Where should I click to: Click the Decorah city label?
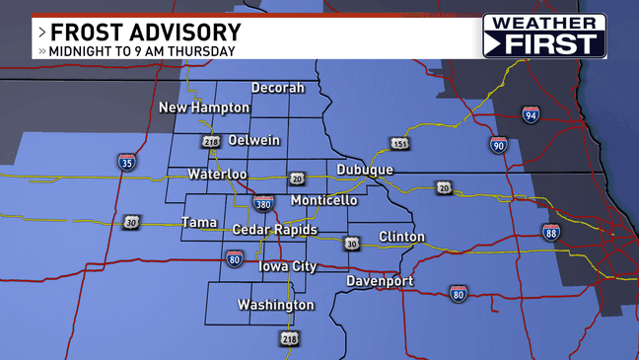coord(277,87)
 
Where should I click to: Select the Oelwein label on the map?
coord(254,140)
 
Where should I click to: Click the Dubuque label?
coord(364,170)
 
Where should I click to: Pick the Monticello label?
coord(324,200)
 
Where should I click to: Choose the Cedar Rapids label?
coord(275,230)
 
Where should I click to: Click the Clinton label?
coord(401,237)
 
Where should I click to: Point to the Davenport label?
coord(380,282)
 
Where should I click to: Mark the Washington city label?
coord(276,305)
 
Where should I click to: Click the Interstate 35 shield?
coord(126,162)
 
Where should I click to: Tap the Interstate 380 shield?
coord(263,204)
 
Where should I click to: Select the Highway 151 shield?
coord(398,145)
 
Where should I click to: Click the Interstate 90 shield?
coord(499,145)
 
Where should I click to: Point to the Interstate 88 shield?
coord(551,232)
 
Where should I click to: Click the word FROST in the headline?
coord(100,32)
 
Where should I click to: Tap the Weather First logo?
coord(543,36)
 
